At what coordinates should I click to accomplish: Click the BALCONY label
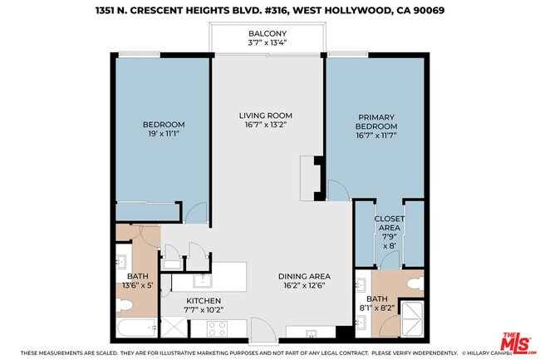point(267,34)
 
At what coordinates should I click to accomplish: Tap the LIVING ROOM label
point(267,116)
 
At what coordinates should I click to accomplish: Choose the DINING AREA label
point(304,276)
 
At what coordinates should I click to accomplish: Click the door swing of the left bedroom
point(196,213)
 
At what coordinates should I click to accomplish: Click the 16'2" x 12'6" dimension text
point(304,288)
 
